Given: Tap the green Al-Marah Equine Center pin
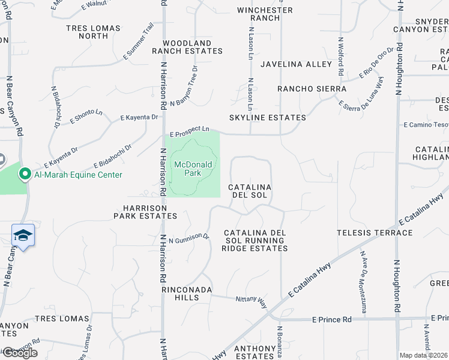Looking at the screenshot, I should click(x=25, y=175).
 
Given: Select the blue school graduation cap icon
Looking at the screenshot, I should click(x=23, y=236).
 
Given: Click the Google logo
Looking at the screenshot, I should click(x=20, y=353).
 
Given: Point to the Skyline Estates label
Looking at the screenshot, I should click(x=267, y=118).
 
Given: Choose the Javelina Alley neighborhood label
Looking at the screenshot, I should click(x=296, y=64).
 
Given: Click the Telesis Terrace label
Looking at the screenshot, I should click(x=375, y=233).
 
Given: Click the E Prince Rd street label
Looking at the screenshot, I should click(x=331, y=320).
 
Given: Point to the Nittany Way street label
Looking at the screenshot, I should click(x=251, y=299).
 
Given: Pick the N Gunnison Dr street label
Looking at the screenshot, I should click(x=188, y=239).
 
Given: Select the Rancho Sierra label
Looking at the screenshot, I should click(x=312, y=89).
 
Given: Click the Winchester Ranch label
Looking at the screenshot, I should click(x=265, y=14).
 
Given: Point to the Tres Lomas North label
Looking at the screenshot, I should click(x=93, y=32).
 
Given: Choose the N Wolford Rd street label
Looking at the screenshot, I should click(x=340, y=56).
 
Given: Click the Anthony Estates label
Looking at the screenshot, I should click(x=254, y=352).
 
